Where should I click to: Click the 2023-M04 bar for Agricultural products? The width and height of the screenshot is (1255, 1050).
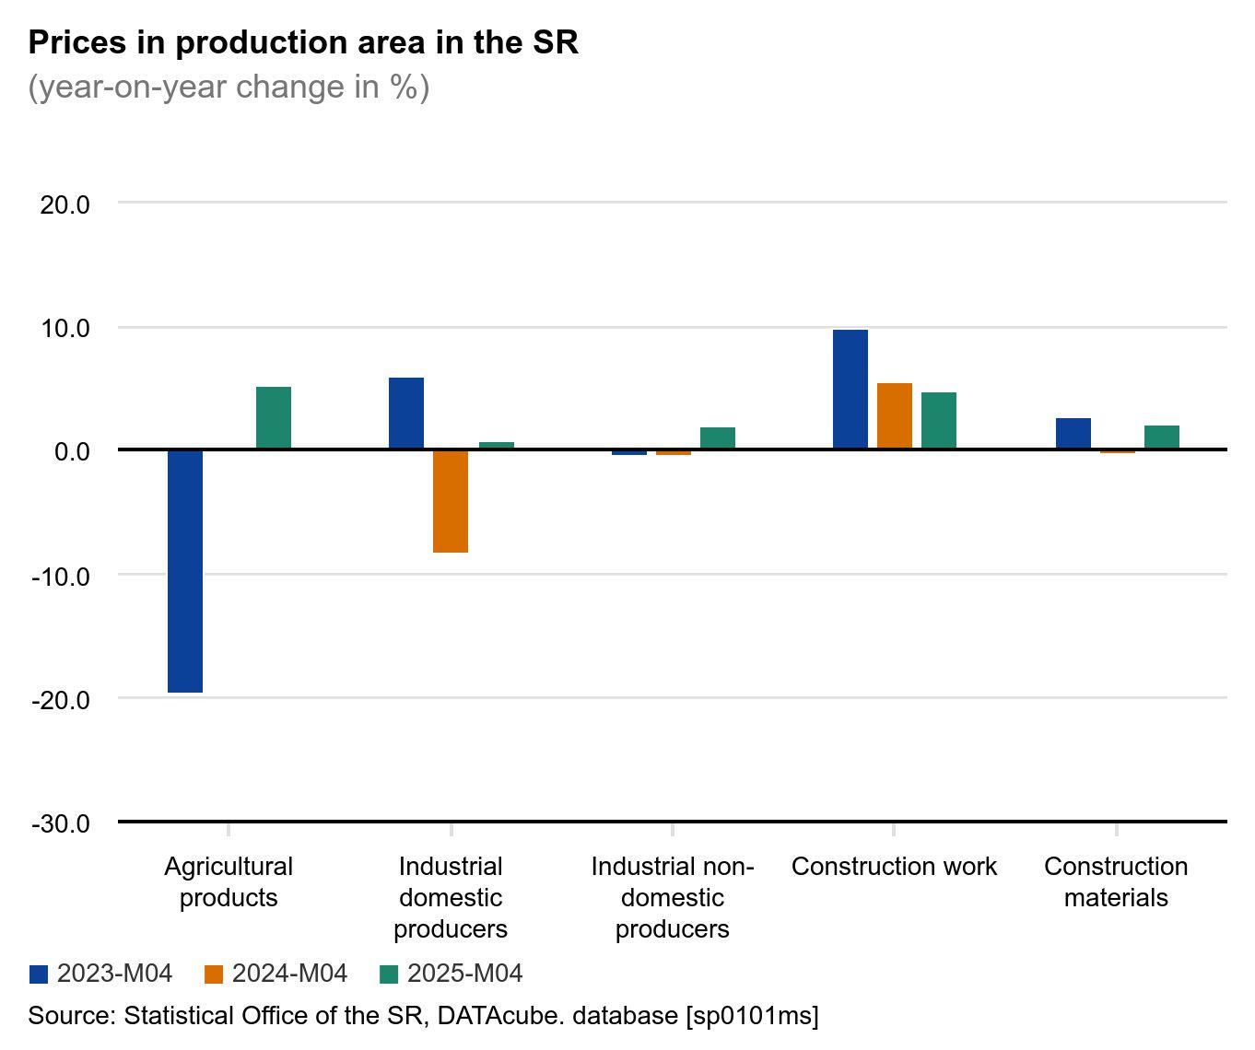tap(185, 570)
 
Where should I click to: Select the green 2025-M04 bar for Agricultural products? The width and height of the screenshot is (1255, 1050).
tap(274, 418)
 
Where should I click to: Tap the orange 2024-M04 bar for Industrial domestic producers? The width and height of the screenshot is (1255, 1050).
tap(451, 501)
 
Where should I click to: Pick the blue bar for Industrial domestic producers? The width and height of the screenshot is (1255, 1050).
tap(406, 414)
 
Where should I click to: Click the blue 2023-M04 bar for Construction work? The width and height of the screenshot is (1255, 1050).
tap(850, 390)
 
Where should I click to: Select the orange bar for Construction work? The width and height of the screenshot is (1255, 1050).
tap(895, 416)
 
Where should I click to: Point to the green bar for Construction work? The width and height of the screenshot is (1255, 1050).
tap(939, 421)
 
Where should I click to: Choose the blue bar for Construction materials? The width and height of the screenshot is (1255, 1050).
tap(1073, 434)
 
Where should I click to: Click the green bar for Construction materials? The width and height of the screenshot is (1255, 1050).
tap(1162, 437)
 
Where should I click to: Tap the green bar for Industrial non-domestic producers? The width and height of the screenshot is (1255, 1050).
tap(718, 438)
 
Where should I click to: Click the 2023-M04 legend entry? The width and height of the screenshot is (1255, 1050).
tap(101, 974)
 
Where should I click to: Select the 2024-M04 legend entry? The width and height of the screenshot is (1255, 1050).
tap(276, 974)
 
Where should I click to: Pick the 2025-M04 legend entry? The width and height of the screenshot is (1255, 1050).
tap(452, 974)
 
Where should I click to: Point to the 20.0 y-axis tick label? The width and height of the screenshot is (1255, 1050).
tap(65, 204)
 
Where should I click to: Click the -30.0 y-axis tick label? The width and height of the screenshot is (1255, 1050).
tap(61, 823)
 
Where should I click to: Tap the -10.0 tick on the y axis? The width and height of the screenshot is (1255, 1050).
tap(61, 577)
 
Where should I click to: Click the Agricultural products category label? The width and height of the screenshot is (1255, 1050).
tap(229, 881)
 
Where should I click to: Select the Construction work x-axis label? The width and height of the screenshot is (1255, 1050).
tap(894, 867)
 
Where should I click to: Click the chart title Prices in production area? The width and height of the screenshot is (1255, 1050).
tap(303, 42)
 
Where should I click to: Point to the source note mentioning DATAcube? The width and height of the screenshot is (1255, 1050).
tap(423, 1016)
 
